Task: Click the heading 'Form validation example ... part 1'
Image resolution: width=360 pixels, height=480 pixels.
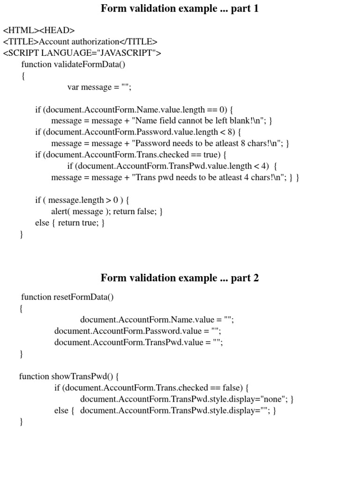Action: (x=180, y=8)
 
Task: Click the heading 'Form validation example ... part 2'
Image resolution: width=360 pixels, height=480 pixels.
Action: (x=180, y=278)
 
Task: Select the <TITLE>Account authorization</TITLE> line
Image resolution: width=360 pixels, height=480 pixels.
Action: (x=80, y=42)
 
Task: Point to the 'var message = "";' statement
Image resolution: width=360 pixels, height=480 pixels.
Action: (x=99, y=87)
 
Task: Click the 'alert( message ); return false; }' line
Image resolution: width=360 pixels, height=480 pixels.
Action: (x=107, y=211)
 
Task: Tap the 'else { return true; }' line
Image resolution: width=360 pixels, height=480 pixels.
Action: (x=70, y=223)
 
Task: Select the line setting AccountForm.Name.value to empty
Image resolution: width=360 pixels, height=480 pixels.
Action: (x=157, y=320)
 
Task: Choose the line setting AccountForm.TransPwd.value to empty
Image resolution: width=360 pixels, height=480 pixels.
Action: (x=139, y=342)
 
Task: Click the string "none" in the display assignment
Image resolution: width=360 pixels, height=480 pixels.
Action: (x=274, y=399)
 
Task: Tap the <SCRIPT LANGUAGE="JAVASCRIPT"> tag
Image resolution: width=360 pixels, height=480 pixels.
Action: (x=82, y=53)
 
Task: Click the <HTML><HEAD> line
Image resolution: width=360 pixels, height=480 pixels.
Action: (x=39, y=30)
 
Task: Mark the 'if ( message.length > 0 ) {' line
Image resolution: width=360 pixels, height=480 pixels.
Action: (x=82, y=200)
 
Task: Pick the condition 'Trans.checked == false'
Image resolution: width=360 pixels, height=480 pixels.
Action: (x=196, y=388)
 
